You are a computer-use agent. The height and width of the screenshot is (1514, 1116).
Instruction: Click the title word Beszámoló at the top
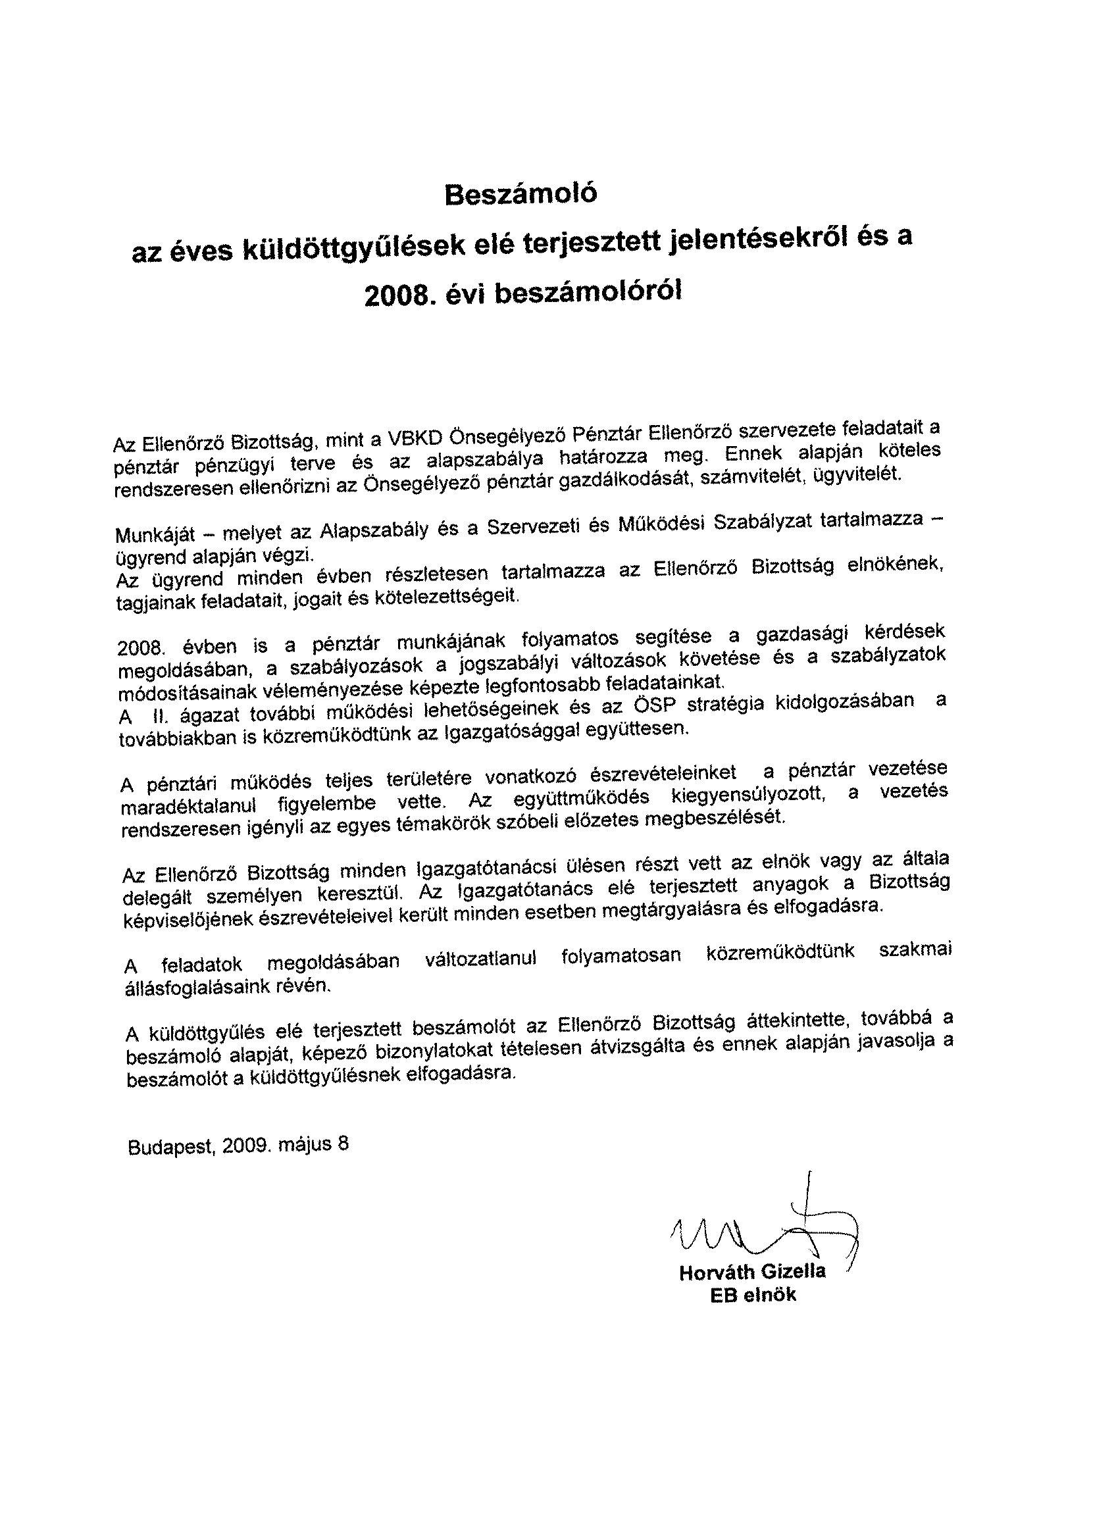click(521, 195)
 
